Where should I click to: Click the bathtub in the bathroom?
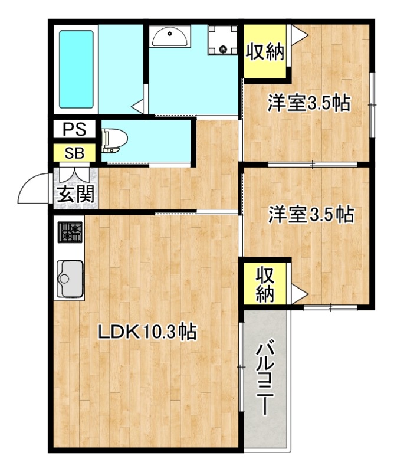click(76, 68)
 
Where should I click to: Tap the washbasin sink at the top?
click(170, 38)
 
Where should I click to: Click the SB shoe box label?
click(75, 153)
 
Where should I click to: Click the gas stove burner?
click(70, 233)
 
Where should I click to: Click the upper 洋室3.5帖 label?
click(309, 104)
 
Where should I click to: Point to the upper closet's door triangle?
click(298, 36)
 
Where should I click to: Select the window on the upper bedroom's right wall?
click(372, 104)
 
